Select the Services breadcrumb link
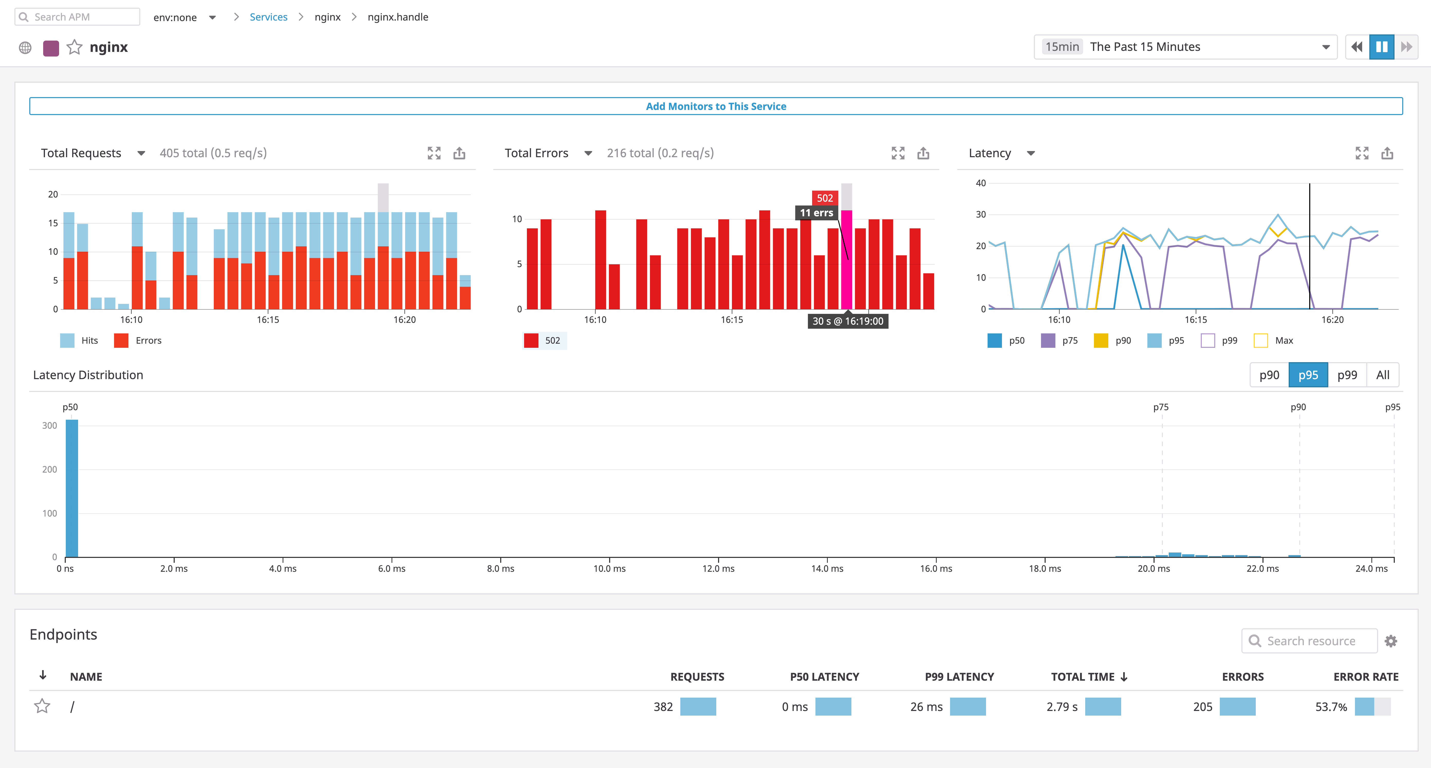(x=268, y=17)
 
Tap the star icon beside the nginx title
(x=75, y=47)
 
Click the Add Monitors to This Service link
(x=715, y=106)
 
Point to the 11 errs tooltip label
(x=816, y=213)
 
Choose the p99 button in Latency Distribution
(x=1346, y=375)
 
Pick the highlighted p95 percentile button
(x=1308, y=375)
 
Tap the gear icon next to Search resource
(x=1390, y=641)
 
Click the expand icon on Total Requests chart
(x=434, y=153)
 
